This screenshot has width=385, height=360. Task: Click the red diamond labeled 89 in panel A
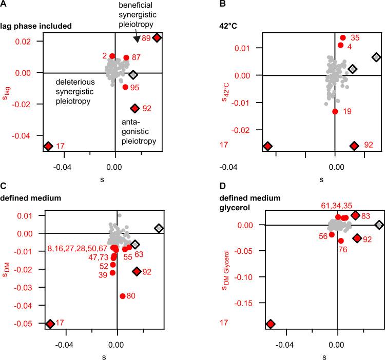point(157,37)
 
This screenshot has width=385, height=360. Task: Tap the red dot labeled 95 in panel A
point(125,87)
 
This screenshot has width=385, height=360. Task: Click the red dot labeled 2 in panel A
point(112,56)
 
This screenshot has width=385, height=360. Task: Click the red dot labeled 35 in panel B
point(343,37)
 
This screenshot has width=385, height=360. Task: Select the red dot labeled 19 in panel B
point(335,111)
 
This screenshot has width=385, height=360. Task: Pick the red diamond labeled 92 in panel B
point(354,146)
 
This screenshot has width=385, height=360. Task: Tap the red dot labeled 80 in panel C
point(123,296)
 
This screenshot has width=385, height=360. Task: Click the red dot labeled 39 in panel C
point(112,273)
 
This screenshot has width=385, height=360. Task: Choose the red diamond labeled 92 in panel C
point(137,271)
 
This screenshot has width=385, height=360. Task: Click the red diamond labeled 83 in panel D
point(355,215)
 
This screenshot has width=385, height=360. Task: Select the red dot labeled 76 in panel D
point(341,241)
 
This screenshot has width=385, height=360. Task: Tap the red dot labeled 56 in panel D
point(332,234)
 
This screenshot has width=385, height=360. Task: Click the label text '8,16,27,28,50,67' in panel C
point(77,249)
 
